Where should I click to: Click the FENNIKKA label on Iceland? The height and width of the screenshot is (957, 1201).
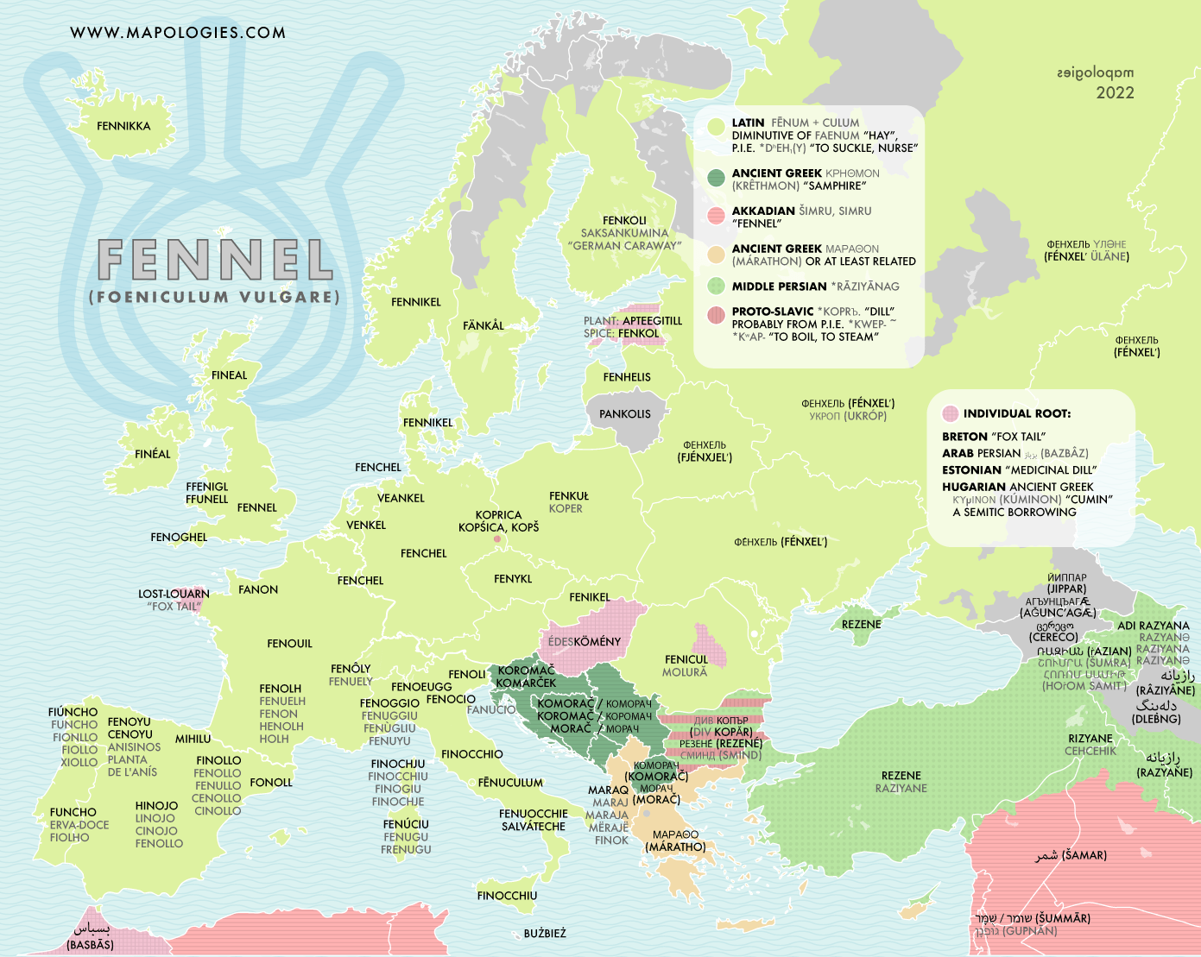pos(123,126)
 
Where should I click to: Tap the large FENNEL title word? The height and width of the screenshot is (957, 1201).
pos(215,260)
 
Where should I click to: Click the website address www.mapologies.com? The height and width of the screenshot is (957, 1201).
pos(178,33)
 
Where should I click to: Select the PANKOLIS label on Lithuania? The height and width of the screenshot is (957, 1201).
pos(625,414)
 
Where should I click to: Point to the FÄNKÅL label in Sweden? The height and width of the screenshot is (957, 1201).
pos(484,325)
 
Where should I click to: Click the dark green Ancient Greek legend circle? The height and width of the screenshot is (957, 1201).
pos(716,179)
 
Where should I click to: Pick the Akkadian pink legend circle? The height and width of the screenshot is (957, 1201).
pos(716,216)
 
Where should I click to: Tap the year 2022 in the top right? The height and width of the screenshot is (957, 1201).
pos(1115,93)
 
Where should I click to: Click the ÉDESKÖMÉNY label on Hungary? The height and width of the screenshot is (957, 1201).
pos(585,642)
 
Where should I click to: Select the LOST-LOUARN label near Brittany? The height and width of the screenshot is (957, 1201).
pos(174,594)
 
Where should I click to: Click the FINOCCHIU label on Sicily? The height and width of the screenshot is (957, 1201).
pos(507,896)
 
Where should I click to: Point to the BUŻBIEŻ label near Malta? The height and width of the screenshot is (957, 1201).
pos(545,934)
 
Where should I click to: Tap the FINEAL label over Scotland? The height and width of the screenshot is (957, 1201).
pos(229,375)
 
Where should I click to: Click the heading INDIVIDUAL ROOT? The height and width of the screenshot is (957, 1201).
pos(1016,413)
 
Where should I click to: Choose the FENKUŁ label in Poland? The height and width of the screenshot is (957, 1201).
pos(569,496)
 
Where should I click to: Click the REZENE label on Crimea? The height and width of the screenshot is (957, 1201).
pos(861,624)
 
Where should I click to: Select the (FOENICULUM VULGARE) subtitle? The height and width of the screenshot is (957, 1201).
pos(214,297)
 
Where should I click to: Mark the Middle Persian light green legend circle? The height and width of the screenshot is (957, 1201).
pos(716,286)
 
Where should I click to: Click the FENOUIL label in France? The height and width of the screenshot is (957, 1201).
pos(290,644)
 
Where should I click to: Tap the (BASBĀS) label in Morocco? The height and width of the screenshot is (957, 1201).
pos(90,945)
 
